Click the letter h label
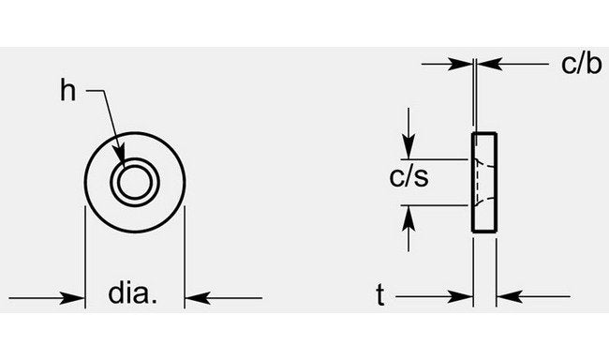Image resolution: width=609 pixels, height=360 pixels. point(67,90)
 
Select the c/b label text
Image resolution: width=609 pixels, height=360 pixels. point(580,64)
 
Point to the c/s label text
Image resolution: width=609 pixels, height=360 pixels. point(410,176)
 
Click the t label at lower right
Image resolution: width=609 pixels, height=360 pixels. point(380,296)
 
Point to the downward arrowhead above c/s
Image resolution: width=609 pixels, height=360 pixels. point(408,148)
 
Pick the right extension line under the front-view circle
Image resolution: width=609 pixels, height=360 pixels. point(184,253)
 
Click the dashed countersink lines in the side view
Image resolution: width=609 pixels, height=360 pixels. point(480,182)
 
